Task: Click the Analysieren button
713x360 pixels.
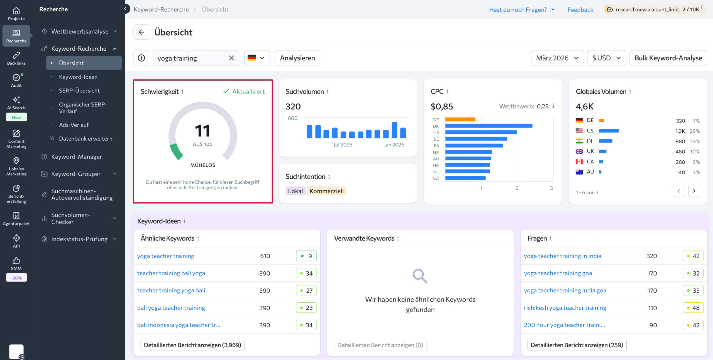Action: click(x=297, y=58)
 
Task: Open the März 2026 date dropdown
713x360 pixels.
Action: click(x=557, y=58)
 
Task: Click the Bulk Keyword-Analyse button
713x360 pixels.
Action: click(x=668, y=58)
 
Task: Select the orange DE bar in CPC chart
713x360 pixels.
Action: click(x=460, y=119)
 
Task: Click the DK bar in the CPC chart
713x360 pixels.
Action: click(x=489, y=126)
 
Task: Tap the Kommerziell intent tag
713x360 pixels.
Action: click(x=326, y=191)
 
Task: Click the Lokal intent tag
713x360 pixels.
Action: click(x=295, y=191)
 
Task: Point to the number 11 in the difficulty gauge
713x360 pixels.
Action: click(x=202, y=131)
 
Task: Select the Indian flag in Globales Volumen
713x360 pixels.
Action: click(x=579, y=141)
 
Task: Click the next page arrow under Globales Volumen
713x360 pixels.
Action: click(x=694, y=191)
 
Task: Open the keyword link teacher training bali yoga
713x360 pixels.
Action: click(x=171, y=273)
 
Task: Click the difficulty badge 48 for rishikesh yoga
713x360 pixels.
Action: click(x=693, y=308)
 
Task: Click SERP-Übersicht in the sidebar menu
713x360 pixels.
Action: click(x=79, y=90)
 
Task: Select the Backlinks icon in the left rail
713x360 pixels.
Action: click(x=16, y=58)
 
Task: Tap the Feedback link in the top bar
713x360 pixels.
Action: click(x=580, y=10)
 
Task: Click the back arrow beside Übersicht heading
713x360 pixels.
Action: click(x=141, y=32)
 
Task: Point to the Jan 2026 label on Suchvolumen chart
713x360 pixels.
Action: click(x=394, y=145)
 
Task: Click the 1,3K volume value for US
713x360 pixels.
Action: click(x=680, y=131)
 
